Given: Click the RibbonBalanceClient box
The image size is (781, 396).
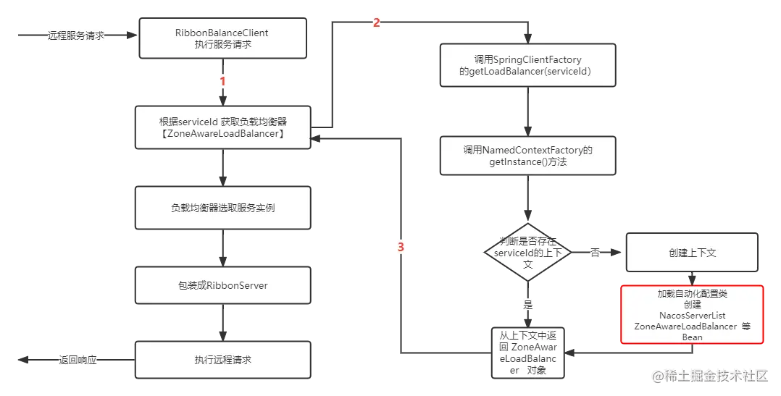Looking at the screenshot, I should coord(222,38).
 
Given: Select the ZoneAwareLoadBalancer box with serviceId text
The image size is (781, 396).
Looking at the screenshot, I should coord(222,127).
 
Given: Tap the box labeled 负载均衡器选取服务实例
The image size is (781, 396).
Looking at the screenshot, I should coord(222,208).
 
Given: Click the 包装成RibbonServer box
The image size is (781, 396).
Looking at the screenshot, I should coord(222,285).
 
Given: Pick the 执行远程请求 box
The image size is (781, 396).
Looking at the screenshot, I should coord(222,360).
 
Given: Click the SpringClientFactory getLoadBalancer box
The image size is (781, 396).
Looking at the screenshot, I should coord(527,65).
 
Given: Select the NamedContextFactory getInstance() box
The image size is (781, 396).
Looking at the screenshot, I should coord(527,155).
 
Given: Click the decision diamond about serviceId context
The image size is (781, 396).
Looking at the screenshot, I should coord(527,253).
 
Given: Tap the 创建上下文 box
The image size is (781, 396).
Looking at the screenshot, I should coord(692,253).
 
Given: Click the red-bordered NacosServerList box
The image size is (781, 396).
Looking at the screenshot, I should coord(692,315).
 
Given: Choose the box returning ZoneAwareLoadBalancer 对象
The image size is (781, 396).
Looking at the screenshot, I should coord(527,353).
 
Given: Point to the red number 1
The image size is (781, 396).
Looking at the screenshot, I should coord(222,81).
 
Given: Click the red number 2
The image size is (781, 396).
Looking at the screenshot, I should coord(376,22).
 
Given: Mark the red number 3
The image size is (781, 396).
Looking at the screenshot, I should coord(401,247).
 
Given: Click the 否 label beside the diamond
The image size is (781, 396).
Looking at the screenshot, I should coord(595,253).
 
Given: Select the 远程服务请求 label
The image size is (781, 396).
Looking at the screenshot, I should coord(75,35).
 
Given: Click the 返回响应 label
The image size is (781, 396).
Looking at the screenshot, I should coord(78,359).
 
